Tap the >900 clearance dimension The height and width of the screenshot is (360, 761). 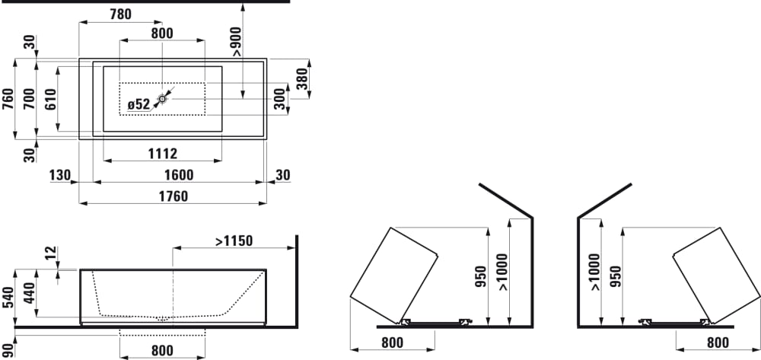[237, 42]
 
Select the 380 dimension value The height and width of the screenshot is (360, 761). [302, 78]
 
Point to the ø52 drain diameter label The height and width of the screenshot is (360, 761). [139, 104]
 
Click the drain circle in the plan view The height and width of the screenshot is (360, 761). [162, 99]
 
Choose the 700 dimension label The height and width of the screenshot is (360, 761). [30, 99]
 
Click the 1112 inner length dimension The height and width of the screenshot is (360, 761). [162, 154]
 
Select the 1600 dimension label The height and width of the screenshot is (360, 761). [179, 175]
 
